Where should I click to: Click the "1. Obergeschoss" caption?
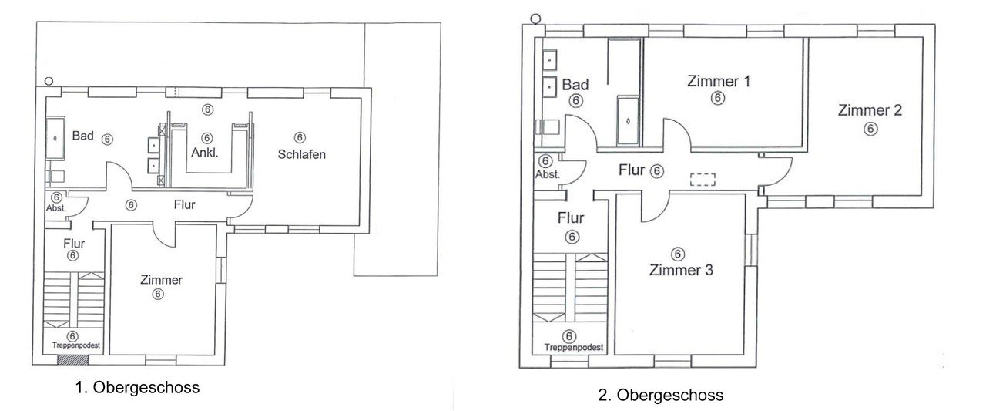tap(137, 388)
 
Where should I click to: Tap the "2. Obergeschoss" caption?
tap(660, 395)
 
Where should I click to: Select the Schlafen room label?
tap(301, 154)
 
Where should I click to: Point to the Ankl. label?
tap(205, 153)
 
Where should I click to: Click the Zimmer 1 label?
tap(719, 81)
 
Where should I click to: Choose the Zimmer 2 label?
tap(870, 110)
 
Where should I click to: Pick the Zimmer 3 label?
tap(681, 270)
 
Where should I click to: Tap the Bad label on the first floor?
tap(82, 136)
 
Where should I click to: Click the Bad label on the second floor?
tap(575, 85)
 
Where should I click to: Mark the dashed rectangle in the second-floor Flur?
tap(703, 180)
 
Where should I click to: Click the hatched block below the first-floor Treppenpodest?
tap(72, 359)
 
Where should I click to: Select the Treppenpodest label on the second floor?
tap(574, 348)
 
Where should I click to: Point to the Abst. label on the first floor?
tap(56, 208)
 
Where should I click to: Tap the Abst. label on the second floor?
tap(548, 174)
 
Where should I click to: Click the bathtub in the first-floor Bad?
tap(55, 138)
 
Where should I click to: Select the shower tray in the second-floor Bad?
tap(628, 121)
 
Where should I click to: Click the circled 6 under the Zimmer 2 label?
tap(870, 129)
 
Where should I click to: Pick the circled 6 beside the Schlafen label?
tap(300, 137)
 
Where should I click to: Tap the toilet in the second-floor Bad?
tap(547, 127)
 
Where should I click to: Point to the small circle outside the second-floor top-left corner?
tap(535, 19)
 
